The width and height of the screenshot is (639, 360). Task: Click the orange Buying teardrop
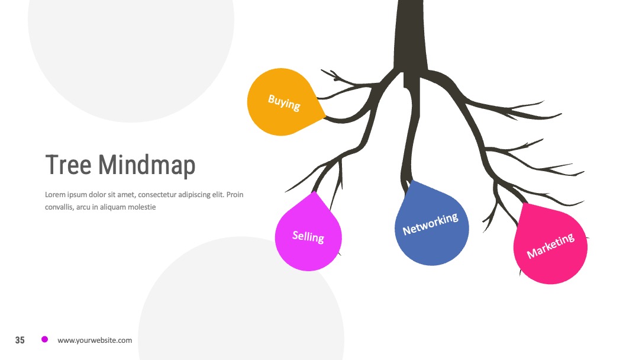tap(283, 102)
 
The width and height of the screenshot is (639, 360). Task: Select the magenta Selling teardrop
tap(308, 234)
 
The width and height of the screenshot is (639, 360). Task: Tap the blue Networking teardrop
tap(431, 226)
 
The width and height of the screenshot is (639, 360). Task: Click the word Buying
tap(284, 102)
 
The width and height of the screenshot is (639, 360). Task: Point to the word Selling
tap(308, 236)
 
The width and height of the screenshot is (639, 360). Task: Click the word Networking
tap(430, 224)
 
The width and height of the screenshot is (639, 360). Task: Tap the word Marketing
tap(551, 246)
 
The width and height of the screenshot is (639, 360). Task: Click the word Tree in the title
tap(68, 165)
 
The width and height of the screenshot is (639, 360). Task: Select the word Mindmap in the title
tap(147, 166)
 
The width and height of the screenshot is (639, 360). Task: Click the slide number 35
tap(20, 340)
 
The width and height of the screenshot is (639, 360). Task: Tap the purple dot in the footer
tap(45, 339)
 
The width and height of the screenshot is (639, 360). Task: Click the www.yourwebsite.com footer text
tap(95, 340)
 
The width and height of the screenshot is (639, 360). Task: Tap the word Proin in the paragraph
tap(235, 194)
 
